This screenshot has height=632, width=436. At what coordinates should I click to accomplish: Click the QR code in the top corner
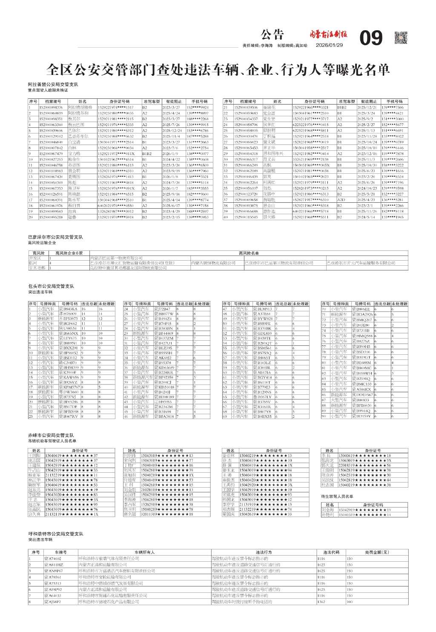click(x=401, y=37)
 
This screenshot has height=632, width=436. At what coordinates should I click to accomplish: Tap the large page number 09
click(x=371, y=38)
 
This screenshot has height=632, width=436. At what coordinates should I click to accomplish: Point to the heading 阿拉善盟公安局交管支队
click(x=53, y=85)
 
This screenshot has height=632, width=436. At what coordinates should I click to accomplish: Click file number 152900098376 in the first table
click(x=51, y=108)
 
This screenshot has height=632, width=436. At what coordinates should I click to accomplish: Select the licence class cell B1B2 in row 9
click(x=147, y=153)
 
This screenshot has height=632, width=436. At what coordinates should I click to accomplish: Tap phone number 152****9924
click(x=197, y=108)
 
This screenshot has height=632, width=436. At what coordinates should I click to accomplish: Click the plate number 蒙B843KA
click(x=68, y=309)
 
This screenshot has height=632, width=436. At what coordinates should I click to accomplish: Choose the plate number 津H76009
click(x=68, y=314)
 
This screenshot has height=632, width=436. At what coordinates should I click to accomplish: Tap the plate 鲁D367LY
click(x=262, y=397)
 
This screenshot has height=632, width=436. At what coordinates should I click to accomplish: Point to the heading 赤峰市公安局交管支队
click(x=51, y=435)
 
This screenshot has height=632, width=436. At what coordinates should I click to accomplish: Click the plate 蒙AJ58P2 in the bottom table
click(x=53, y=602)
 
